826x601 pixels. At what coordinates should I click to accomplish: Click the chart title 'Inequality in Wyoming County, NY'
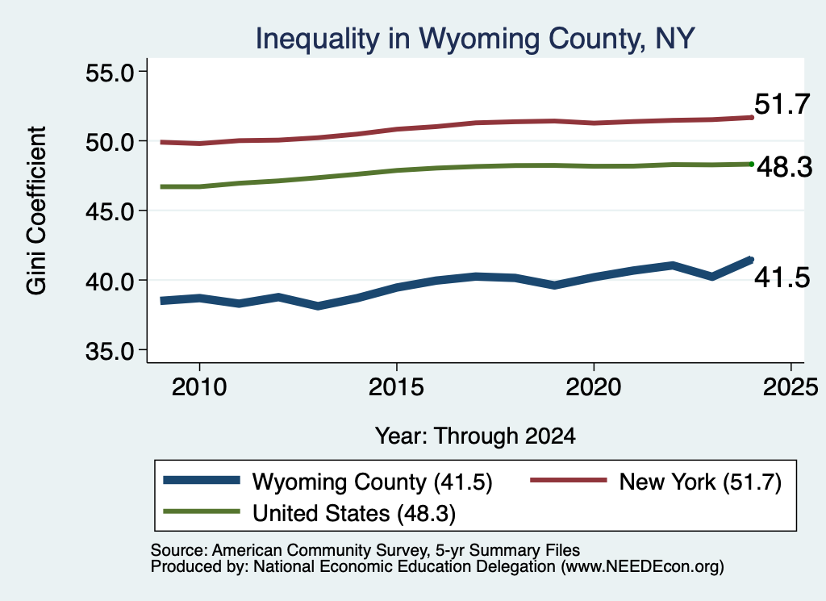475,39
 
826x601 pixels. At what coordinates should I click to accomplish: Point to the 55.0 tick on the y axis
110,73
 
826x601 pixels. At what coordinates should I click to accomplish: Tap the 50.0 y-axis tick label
110,142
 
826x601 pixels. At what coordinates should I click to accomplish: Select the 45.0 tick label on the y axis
110,211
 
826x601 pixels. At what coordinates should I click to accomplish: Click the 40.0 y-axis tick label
110,282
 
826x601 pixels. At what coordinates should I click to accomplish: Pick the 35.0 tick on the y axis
110,351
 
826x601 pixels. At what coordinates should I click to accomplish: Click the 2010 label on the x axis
199,388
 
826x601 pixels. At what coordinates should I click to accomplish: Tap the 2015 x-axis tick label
396,388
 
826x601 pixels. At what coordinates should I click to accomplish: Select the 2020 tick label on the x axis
594,388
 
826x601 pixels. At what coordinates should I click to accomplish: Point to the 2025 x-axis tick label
791,388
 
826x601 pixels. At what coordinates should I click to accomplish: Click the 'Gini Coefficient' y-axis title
36,211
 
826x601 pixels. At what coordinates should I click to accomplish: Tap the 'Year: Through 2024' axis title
475,436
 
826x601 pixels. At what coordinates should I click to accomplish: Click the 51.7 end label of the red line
782,104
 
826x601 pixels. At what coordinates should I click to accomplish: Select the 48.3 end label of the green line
785,167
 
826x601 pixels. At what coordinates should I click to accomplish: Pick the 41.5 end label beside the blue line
782,278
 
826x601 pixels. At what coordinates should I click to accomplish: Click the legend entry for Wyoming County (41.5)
327,482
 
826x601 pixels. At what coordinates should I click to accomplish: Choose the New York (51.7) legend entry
656,482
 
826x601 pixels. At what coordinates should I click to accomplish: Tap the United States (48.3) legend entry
310,514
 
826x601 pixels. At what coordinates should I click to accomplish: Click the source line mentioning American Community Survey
365,550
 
